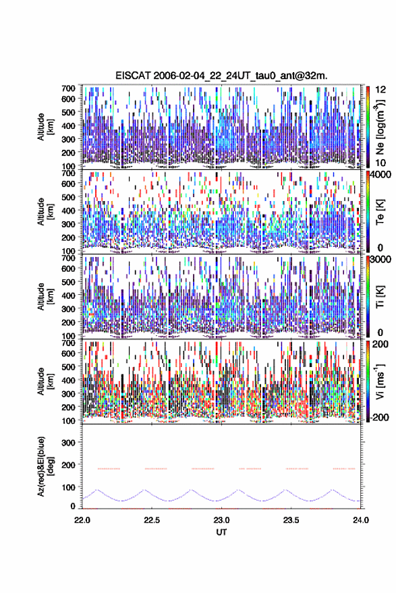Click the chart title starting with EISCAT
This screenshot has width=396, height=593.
(x=221, y=76)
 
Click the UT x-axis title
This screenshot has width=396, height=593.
(x=221, y=532)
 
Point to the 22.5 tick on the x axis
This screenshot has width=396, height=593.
(x=152, y=520)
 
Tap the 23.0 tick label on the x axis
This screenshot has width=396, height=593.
(x=221, y=520)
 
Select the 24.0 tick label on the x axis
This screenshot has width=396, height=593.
(x=360, y=520)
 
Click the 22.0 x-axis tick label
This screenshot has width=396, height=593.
(x=82, y=520)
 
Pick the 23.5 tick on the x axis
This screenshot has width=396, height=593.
(x=291, y=520)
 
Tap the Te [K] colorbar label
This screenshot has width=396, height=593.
(x=380, y=212)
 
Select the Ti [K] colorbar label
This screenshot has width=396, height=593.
(x=380, y=297)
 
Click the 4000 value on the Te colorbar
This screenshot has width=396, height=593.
(x=380, y=174)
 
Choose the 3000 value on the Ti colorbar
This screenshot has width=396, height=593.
(x=380, y=260)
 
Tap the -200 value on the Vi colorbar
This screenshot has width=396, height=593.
(x=379, y=418)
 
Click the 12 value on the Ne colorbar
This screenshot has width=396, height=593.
(x=381, y=90)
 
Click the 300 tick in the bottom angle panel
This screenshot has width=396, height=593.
(x=68, y=443)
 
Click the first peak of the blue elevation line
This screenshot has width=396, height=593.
(x=97, y=490)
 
